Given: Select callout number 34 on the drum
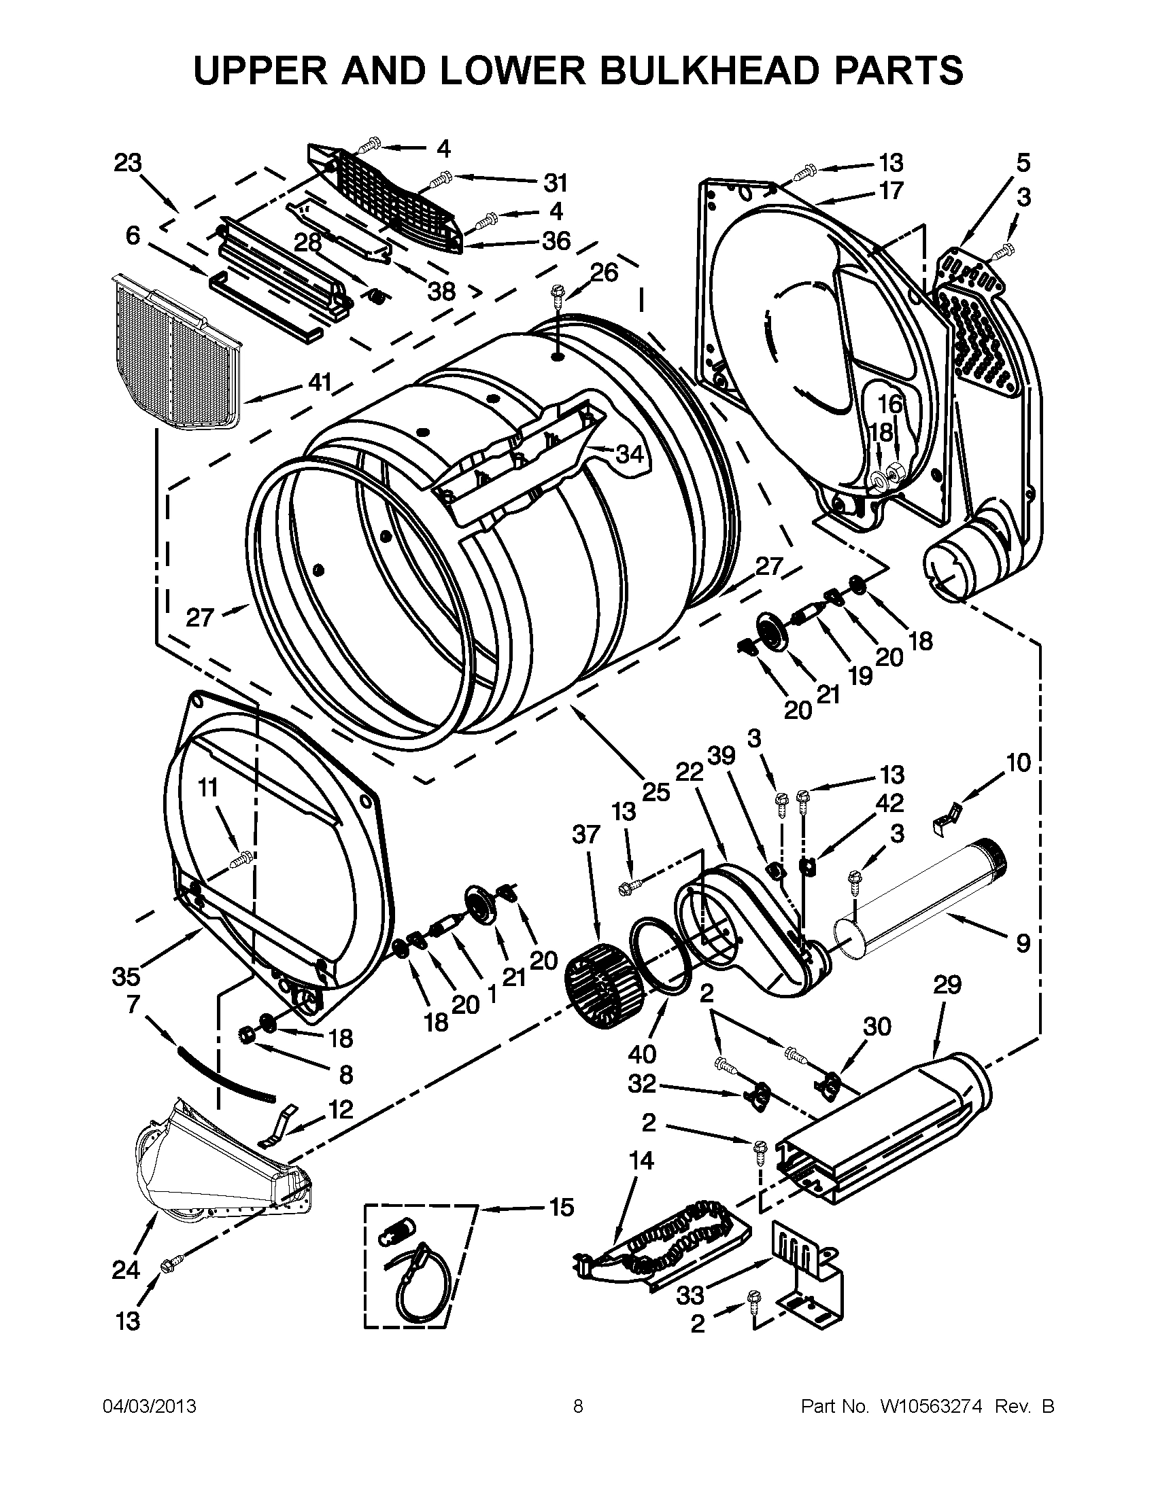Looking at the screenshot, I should (630, 453).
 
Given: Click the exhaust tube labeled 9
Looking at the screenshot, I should (918, 904).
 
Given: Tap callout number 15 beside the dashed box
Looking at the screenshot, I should (561, 1208).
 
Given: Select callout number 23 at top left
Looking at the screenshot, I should (127, 163).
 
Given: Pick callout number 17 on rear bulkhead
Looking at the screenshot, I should (891, 190).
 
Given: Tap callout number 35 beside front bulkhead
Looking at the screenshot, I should (126, 976).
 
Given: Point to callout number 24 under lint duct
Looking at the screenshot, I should (126, 1271).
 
